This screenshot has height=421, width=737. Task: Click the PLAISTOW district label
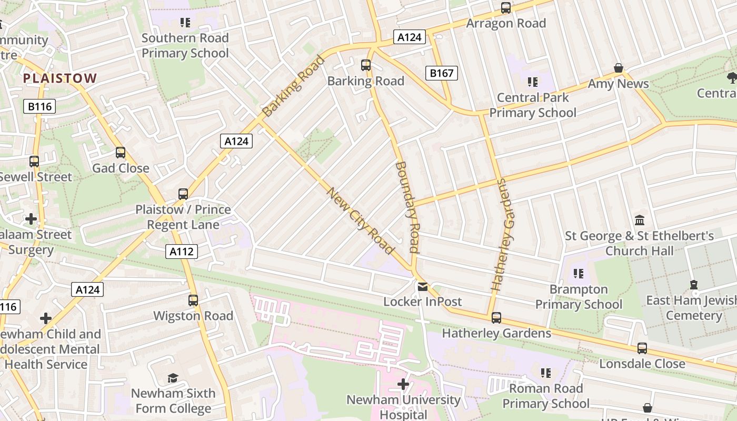[x=60, y=78]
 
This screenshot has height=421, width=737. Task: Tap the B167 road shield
[x=441, y=73]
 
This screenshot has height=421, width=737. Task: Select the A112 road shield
[x=182, y=252]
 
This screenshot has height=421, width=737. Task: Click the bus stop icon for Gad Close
[x=121, y=153]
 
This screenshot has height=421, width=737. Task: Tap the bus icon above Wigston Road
[x=193, y=300]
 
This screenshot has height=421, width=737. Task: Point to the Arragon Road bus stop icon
[x=505, y=8]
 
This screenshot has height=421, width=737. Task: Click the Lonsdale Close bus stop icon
[x=642, y=348]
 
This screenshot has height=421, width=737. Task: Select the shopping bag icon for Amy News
[x=619, y=68]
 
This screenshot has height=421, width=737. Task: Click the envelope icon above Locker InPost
[x=422, y=286]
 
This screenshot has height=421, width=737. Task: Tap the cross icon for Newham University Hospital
[x=403, y=384]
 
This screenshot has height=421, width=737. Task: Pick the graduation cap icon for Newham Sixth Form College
[x=173, y=378]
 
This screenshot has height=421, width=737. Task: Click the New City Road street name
[x=361, y=220]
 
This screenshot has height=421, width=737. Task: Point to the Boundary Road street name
[x=407, y=207]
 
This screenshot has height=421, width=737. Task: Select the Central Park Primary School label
[x=533, y=105]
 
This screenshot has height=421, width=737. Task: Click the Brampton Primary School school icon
[x=579, y=274]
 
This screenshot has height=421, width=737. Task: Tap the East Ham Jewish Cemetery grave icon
[x=694, y=285]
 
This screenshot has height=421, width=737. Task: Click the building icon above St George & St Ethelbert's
[x=640, y=219]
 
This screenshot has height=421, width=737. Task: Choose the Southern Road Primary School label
[x=185, y=45]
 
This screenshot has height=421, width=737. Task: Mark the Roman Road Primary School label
[x=545, y=396]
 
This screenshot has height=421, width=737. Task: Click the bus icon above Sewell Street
[x=34, y=162]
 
